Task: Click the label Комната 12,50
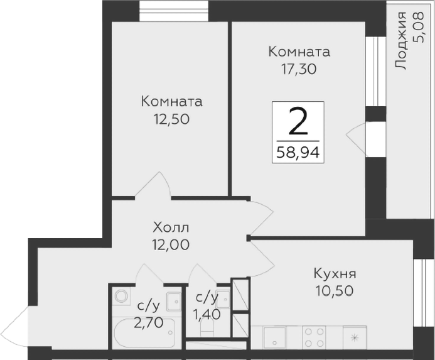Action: [x=171, y=109]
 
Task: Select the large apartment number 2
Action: [x=298, y=121]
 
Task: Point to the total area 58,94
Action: [x=298, y=151]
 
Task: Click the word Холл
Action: [x=171, y=227]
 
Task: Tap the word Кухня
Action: [x=335, y=274]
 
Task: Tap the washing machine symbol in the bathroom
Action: [x=120, y=297]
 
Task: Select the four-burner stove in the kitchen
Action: [x=314, y=335]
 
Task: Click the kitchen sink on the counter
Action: [x=274, y=335]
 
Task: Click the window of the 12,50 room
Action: [x=174, y=11]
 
